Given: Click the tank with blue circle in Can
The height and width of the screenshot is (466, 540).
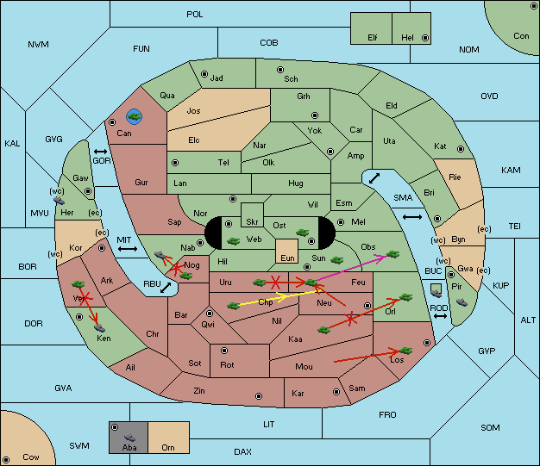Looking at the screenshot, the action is (134, 116).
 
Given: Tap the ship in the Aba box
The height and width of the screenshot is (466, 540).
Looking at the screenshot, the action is (130, 438).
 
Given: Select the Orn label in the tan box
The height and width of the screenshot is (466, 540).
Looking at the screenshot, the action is (168, 447).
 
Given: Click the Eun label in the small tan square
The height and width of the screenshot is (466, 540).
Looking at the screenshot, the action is (287, 258).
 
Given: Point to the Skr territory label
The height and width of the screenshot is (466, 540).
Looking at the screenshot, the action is (252, 222).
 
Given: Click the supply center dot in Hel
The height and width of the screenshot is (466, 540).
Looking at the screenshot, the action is (425, 38).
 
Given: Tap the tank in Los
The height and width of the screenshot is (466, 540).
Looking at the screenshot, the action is (406, 351).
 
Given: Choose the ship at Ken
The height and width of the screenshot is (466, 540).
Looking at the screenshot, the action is (99, 327).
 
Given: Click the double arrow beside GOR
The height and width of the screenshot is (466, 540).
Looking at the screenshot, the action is (101, 152).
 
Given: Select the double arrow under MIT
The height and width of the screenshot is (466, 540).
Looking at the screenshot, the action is (128, 249).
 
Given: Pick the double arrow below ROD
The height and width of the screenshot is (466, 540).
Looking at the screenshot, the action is (440, 316).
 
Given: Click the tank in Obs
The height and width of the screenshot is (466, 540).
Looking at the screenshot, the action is (393, 254).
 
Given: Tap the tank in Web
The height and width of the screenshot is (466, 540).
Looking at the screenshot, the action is (234, 240).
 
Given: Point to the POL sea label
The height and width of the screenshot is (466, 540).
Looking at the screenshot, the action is (195, 15).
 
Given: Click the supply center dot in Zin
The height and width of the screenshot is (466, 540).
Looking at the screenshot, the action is (259, 396).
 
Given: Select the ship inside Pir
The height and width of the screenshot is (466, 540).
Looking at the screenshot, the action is (462, 302).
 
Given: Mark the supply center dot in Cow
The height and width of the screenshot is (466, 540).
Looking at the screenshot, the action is (6, 459).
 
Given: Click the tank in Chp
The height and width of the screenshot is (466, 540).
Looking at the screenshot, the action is (234, 306).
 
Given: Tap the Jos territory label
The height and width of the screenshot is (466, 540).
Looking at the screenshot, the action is (193, 111).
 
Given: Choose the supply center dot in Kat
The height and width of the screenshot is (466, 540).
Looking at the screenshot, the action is (461, 149).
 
